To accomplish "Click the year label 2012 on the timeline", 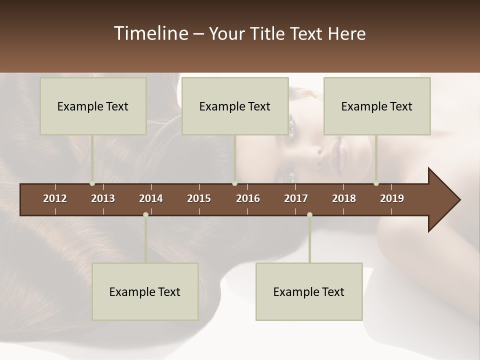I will [55, 198].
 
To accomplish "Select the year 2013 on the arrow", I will [103, 198].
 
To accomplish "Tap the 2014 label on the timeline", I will [151, 198].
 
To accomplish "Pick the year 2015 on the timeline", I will [199, 198].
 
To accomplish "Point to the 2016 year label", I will [248, 198].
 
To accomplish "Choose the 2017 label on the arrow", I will [296, 198].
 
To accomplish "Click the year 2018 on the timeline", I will [344, 198].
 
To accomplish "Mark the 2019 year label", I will [392, 198].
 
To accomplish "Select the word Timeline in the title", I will [150, 33].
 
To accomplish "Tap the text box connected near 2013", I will [93, 106].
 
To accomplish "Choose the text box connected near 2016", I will [235, 106].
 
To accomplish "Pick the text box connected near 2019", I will [377, 106].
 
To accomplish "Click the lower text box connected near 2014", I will [145, 291].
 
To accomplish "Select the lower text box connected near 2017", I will [309, 291].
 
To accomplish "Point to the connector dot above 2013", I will [92, 183].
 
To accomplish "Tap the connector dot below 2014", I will [145, 215].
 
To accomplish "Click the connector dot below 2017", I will [309, 215].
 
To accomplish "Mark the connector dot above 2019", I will [376, 183].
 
